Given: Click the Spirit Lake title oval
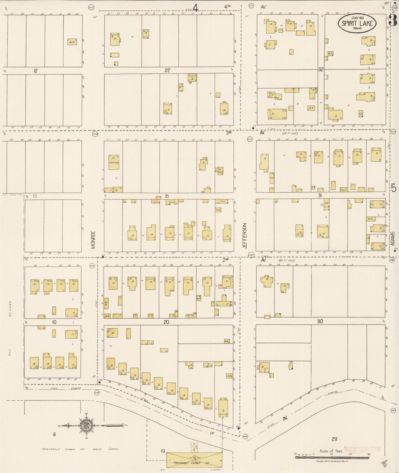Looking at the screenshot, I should [x=357, y=23].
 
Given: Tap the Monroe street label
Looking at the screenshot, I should [x=93, y=240].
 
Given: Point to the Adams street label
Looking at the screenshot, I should [x=393, y=238].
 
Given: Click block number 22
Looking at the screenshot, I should [x=167, y=70].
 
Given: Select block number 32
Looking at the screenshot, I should [x=320, y=70].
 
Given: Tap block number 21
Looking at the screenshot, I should [x=167, y=196].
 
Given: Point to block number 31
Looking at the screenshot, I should [x=320, y=195].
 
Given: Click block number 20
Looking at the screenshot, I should [x=166, y=322].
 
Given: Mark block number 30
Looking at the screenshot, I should [x=320, y=321].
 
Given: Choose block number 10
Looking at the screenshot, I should [x=54, y=322].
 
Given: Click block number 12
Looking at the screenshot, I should [x=35, y=71].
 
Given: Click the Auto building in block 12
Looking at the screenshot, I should [x=72, y=42].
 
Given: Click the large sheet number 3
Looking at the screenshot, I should [x=393, y=20].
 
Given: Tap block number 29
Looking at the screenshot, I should [x=334, y=439].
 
